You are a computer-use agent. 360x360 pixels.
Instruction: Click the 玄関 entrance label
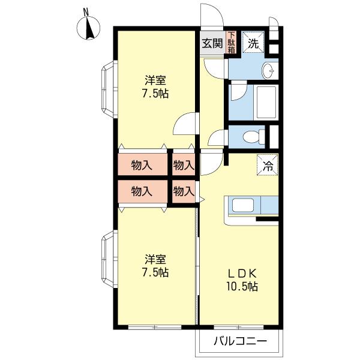212,43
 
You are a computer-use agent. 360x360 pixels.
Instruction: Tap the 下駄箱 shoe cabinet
232,43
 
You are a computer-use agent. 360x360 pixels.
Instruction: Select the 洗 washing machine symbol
253,42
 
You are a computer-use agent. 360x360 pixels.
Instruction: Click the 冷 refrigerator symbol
268,164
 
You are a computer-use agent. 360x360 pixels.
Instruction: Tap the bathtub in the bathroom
266,103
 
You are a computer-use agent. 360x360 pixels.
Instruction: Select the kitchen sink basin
243,205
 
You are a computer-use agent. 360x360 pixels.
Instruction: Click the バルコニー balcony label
241,341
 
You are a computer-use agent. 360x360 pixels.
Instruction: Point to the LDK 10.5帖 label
242,280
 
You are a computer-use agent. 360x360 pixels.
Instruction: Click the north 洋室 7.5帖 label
155,86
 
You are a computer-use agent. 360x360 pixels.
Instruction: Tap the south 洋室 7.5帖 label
155,265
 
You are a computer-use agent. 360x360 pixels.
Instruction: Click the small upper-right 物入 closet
184,164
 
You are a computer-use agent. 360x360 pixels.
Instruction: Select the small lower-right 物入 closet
184,191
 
